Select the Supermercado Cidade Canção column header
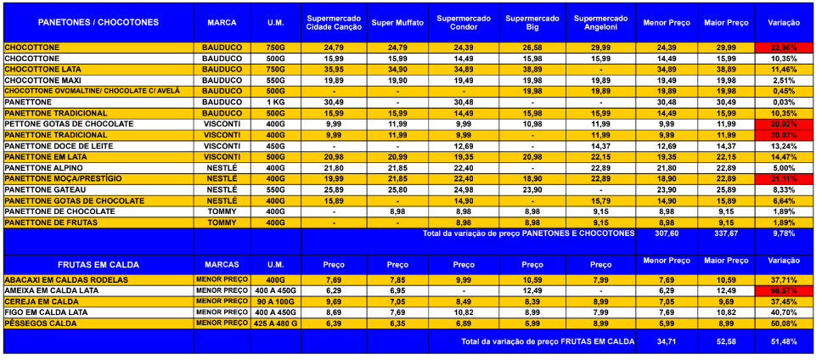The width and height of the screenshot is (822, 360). tap(334, 21)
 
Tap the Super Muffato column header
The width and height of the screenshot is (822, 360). tap(397, 21)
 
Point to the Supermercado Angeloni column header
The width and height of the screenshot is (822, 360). tap(600, 21)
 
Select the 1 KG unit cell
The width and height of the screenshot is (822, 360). tap(274, 102)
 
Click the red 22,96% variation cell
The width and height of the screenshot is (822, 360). tap(784, 47)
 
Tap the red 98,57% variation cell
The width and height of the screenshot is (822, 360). tap(784, 290)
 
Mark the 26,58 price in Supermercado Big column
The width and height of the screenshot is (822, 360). tap(532, 47)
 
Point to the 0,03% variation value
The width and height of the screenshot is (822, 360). tap(784, 102)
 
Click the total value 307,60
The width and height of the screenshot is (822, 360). tap(666, 233)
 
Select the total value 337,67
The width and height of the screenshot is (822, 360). tap(725, 233)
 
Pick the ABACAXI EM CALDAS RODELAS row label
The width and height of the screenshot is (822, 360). tap(65, 279)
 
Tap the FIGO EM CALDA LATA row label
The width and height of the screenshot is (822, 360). tap(46, 312)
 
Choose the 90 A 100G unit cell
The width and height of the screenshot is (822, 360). tap(274, 301)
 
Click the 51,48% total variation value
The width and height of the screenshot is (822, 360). tap(784, 340)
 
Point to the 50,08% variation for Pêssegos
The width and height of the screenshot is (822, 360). tap(784, 323)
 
